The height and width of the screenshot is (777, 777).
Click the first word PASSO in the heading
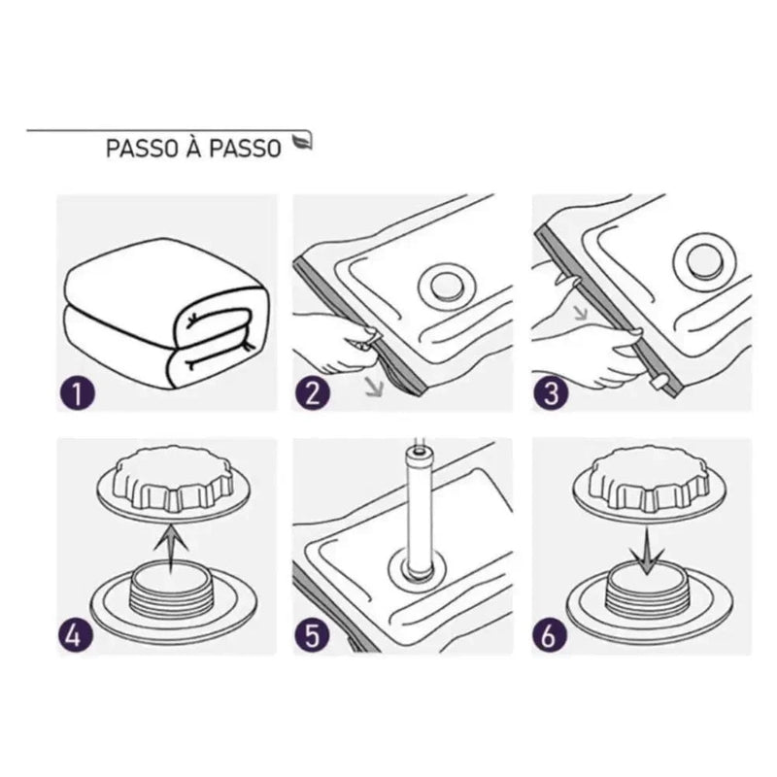pos(136,151)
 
